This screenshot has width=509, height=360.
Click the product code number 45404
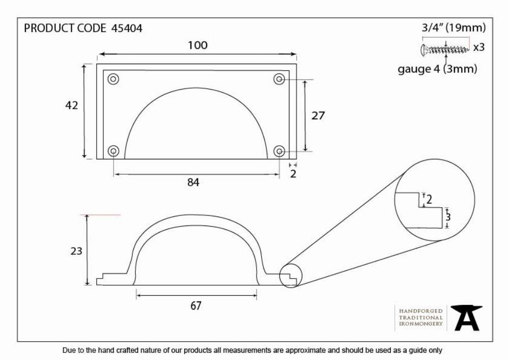(x=127, y=28)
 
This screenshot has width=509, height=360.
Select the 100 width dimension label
(x=197, y=45)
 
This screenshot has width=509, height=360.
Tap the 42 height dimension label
(x=71, y=105)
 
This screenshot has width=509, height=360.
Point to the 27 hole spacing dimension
(x=318, y=116)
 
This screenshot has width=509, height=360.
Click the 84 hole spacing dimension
(x=193, y=182)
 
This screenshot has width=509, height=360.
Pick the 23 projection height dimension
(x=76, y=251)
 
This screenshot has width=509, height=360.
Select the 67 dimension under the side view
(x=196, y=306)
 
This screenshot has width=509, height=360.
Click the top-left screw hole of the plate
(x=114, y=79)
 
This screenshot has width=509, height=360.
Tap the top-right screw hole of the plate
(x=279, y=79)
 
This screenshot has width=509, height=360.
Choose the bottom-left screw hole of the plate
(x=114, y=151)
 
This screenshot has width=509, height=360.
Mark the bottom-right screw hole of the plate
(x=279, y=151)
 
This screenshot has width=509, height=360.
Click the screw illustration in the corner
(x=445, y=50)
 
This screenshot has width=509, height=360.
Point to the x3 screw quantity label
(x=479, y=47)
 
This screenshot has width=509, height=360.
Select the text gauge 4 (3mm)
(x=437, y=69)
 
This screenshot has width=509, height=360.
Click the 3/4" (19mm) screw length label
(x=454, y=28)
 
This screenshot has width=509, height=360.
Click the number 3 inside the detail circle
(x=448, y=217)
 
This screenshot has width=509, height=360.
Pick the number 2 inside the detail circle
(x=429, y=199)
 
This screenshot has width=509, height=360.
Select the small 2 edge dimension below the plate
(x=293, y=174)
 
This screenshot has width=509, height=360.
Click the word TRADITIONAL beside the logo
(x=421, y=317)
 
